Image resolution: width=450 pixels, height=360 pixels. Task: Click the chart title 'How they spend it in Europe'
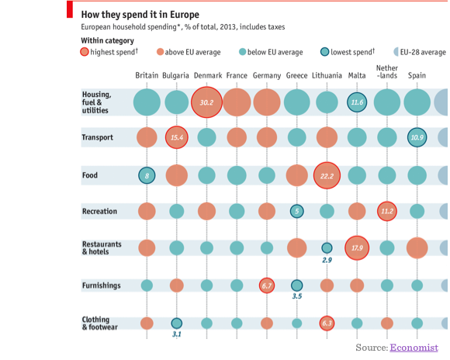coord(140,15)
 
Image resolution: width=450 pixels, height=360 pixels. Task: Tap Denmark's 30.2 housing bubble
coord(206,102)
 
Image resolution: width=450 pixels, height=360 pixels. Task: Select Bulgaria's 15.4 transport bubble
coord(177,137)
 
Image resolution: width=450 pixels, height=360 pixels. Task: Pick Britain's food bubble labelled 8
coord(147,175)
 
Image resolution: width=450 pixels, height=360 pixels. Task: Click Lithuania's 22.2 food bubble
coord(327,176)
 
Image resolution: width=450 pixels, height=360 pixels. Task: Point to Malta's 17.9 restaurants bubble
coord(357,248)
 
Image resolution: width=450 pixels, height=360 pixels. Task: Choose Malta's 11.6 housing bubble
coord(357,102)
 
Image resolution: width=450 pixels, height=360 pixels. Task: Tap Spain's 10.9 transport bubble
coord(417,137)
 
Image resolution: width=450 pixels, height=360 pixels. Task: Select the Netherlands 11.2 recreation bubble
coord(386,211)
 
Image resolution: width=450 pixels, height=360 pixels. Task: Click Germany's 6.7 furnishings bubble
coord(267,286)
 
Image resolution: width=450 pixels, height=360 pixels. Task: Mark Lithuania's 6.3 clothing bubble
coord(327,323)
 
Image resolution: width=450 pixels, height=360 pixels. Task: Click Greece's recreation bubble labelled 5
coord(296,211)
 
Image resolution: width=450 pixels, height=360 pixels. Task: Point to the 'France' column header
coord(237,75)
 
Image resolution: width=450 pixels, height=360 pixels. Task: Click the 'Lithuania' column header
coord(327,75)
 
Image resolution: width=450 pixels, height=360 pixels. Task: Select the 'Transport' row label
coord(97,137)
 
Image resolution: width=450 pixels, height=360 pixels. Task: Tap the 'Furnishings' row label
coord(101,286)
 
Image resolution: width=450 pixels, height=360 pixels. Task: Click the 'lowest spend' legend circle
coord(325,52)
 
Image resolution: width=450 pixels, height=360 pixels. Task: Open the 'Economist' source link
coord(414,348)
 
